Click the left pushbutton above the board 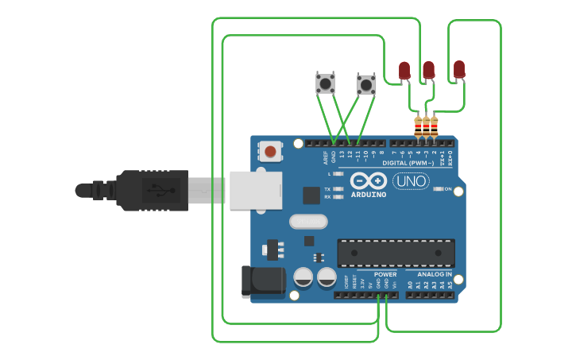coord(325,83)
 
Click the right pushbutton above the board coord(365,84)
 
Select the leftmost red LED coord(404,71)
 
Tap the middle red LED coord(429,70)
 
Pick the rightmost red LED coord(459,69)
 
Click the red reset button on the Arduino coord(271,151)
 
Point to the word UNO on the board coord(410,182)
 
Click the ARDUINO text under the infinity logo coord(368,194)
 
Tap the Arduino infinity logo coord(368,180)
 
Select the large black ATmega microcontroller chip coord(396,253)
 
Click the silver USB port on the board coord(255,189)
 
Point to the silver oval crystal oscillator coord(308,221)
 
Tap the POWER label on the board coord(385,274)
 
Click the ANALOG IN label coord(435,274)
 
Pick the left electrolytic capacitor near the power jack coord(303,277)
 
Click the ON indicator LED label coord(448,189)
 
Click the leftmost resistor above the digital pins coord(419,126)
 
